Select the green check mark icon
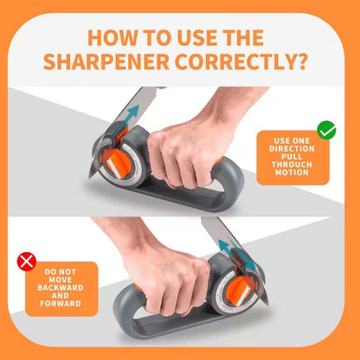coord(326,131)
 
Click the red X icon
coord(28,259)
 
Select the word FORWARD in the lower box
coord(61,304)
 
